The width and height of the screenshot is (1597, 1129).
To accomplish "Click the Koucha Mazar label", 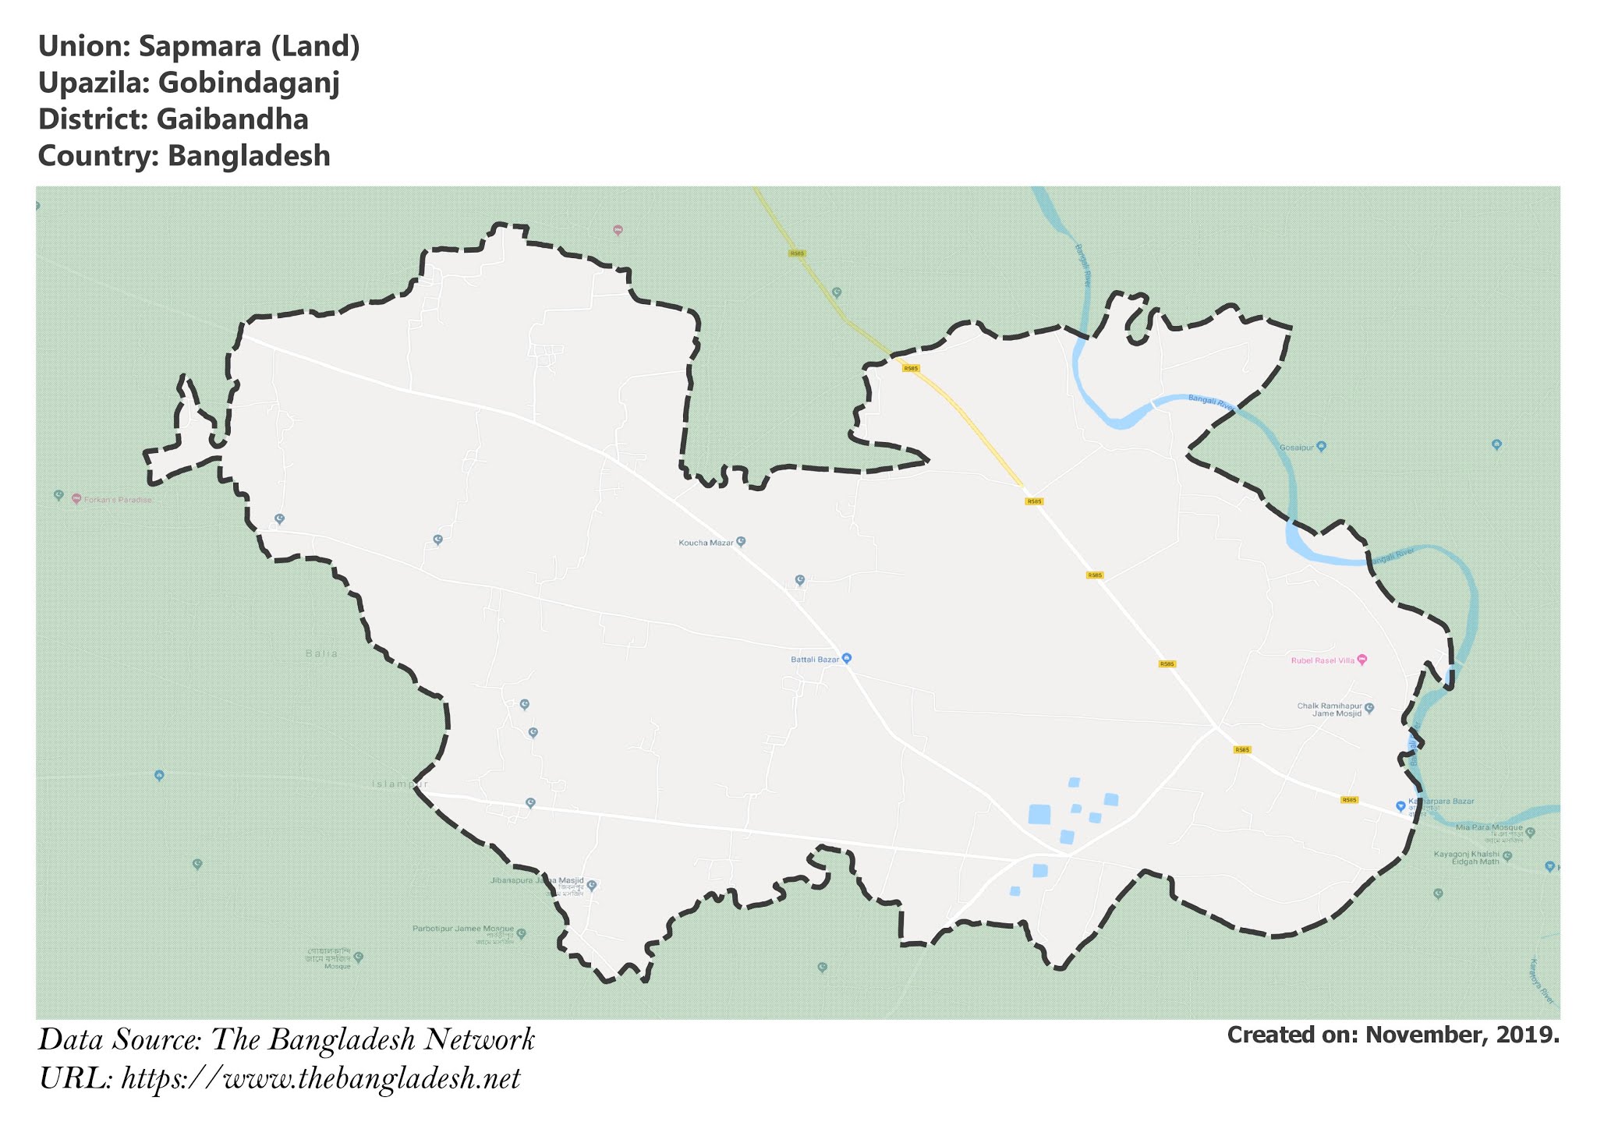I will pyautogui.click(x=706, y=543).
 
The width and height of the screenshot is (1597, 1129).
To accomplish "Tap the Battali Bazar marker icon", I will pyautogui.click(x=848, y=658).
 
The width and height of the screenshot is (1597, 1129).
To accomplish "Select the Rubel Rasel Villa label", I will pyautogui.click(x=1323, y=660).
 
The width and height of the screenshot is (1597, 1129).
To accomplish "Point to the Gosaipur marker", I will pyautogui.click(x=1321, y=447).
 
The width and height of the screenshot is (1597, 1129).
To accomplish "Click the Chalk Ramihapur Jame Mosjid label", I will pyautogui.click(x=1330, y=710).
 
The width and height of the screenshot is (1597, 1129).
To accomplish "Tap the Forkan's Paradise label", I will pyautogui.click(x=117, y=500).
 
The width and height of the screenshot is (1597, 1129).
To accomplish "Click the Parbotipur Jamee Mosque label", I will pyautogui.click(x=463, y=929).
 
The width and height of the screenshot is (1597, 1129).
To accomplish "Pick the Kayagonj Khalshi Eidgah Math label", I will pyautogui.click(x=1467, y=858).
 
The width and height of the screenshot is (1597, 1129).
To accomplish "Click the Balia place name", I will pyautogui.click(x=322, y=653).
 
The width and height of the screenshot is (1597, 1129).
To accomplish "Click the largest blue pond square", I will pyautogui.click(x=1039, y=814).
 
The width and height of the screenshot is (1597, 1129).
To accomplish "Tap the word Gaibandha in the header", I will pyautogui.click(x=232, y=119).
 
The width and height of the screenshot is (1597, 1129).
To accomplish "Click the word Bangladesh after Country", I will pyautogui.click(x=249, y=156).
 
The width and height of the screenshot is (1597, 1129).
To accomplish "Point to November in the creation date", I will pyautogui.click(x=1426, y=1035).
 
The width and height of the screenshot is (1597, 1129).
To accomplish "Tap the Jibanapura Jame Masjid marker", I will pyautogui.click(x=592, y=885).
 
